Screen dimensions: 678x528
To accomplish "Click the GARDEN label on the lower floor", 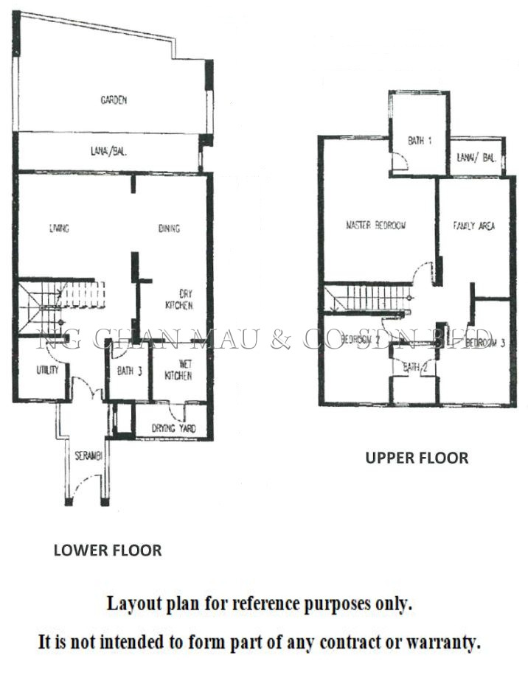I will point(114,99).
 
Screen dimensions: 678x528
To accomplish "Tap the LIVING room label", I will point(59,228).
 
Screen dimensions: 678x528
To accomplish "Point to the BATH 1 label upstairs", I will point(420,141).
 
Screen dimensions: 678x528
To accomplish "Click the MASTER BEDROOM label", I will point(376,226).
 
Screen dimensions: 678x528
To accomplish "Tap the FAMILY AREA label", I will point(473,226).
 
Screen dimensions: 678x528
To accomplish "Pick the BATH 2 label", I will point(415,366).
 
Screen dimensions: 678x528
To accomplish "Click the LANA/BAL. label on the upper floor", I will point(476,157).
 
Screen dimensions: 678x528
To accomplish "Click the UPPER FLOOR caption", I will point(417,458).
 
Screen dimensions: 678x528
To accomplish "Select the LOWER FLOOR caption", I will point(107,550).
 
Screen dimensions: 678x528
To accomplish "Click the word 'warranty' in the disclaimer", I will point(448,642).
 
